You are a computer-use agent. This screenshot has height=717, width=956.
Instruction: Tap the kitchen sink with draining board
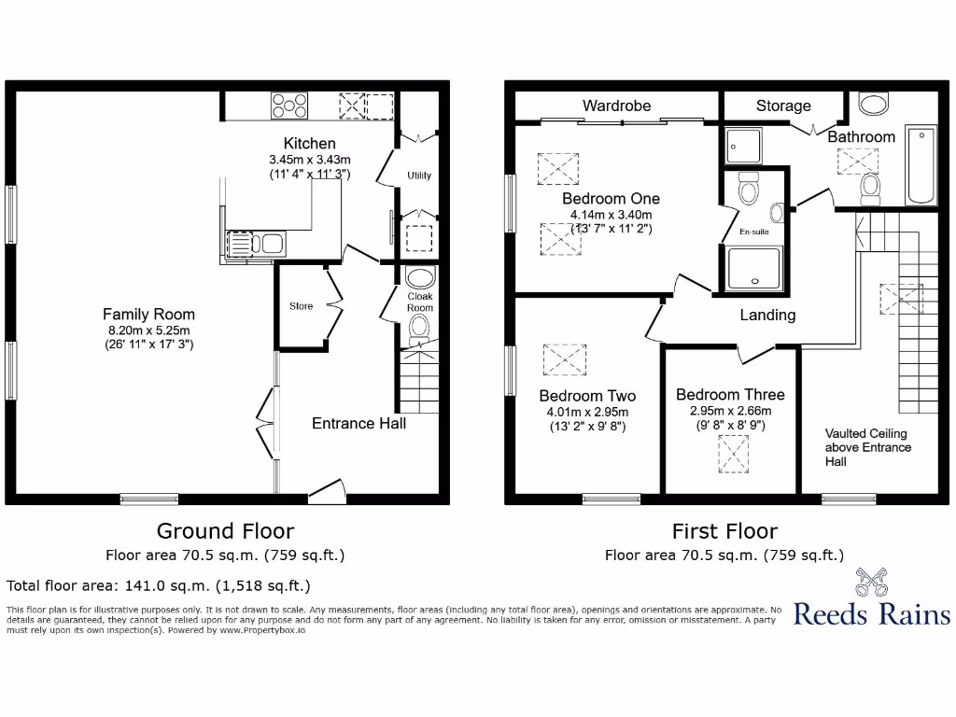click(254, 245)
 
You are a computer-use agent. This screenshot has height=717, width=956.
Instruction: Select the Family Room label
click(148, 315)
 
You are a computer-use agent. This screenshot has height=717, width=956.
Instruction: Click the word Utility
click(419, 176)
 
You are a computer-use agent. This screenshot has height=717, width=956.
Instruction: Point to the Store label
click(301, 306)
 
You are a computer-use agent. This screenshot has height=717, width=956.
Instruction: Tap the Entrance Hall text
click(358, 423)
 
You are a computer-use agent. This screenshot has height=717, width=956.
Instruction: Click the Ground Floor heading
click(225, 531)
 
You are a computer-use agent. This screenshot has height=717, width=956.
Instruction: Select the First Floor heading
click(724, 531)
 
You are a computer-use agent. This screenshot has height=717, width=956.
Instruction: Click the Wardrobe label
click(616, 105)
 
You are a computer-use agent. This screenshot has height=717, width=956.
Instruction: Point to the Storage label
click(783, 105)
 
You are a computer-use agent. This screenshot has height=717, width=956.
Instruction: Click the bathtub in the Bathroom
click(921, 166)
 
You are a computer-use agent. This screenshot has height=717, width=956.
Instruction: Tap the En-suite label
click(754, 231)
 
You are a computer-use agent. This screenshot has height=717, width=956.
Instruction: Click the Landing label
click(767, 315)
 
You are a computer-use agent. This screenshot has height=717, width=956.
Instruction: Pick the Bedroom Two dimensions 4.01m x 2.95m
click(587, 412)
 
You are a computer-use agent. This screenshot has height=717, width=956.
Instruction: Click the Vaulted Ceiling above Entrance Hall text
click(867, 447)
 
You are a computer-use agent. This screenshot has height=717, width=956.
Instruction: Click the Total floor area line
click(158, 586)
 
